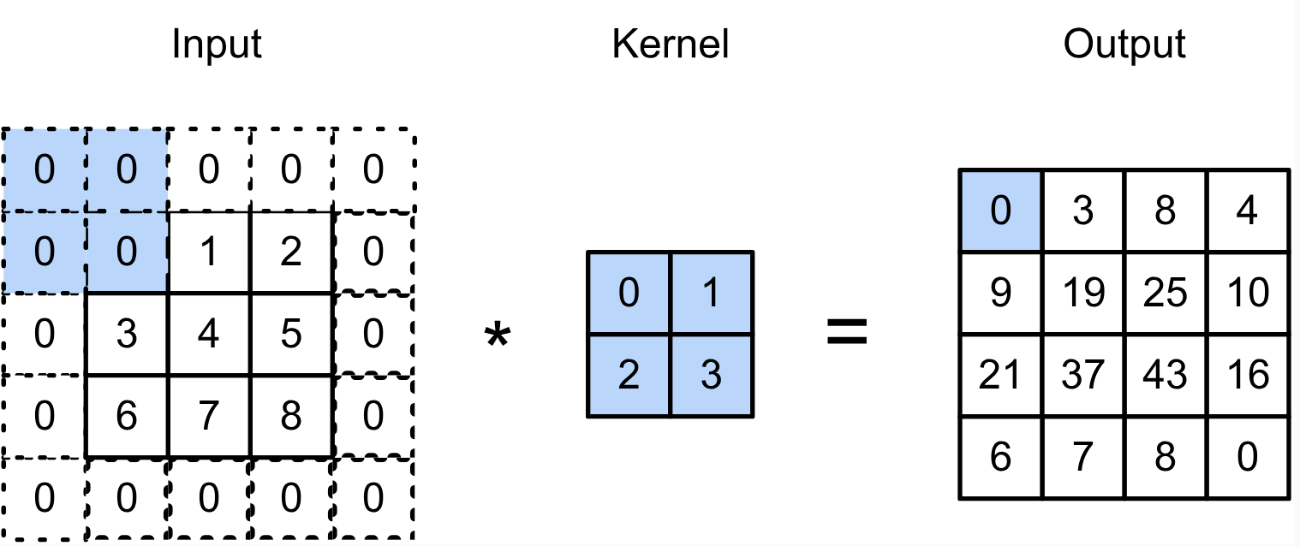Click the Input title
[216, 45]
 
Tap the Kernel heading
[670, 45]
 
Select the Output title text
[1124, 45]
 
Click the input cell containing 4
[209, 335]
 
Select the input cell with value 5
[291, 335]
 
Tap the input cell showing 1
[209, 252]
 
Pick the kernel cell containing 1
[712, 294]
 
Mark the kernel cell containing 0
[629, 294]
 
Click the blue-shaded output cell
[1000, 211]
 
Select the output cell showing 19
[1082, 293]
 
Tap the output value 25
[1165, 293]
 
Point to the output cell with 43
[1165, 375]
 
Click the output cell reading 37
[1082, 375]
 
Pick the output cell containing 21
[1000, 375]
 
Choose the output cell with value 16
[1247, 375]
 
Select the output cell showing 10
[1247, 293]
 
